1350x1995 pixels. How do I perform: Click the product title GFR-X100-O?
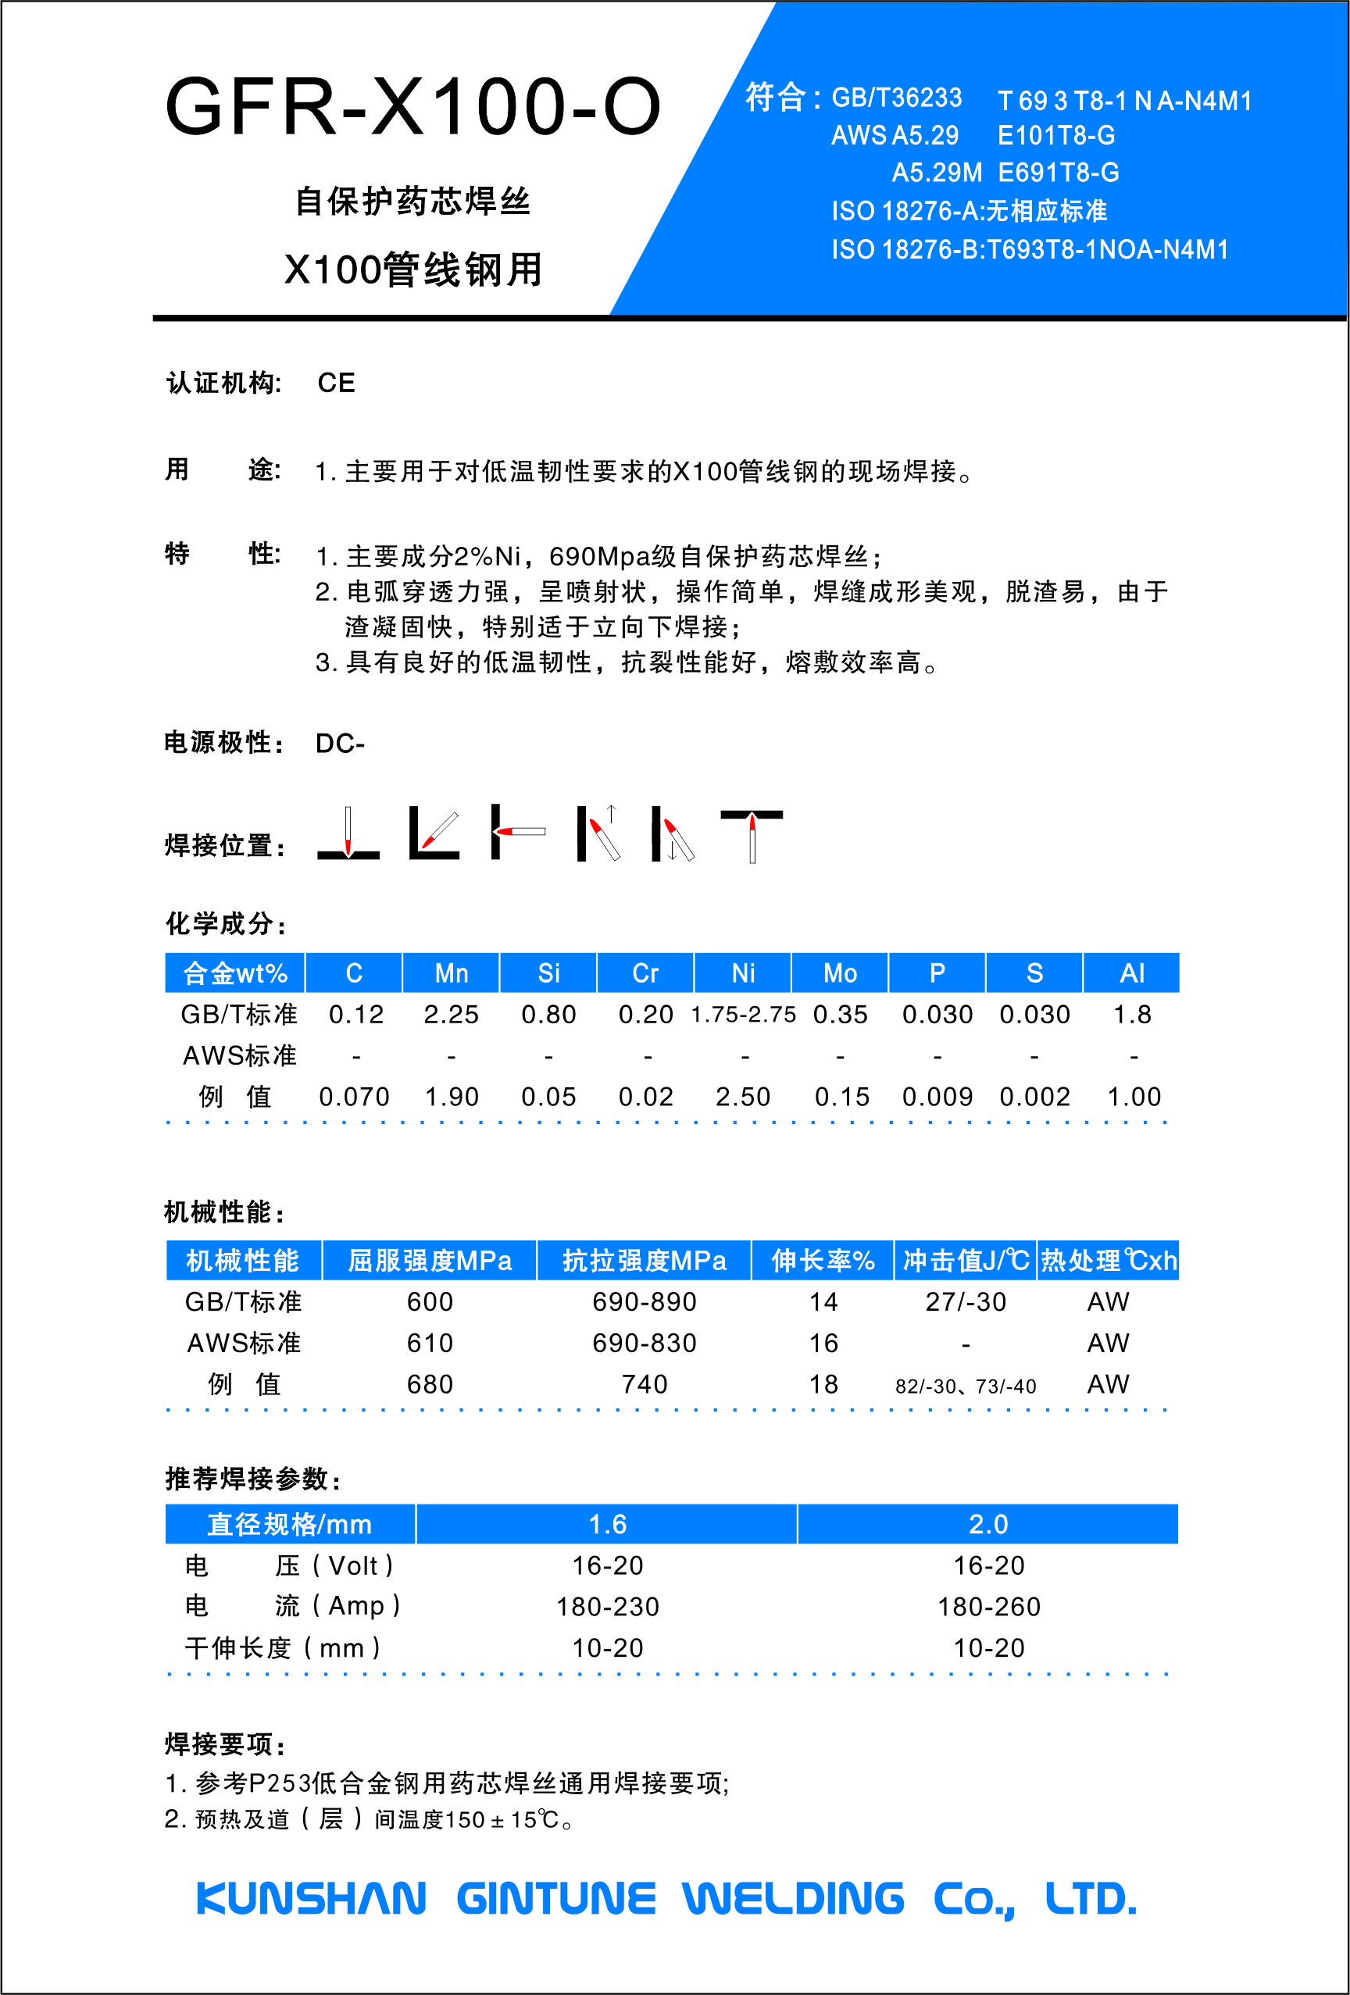[412, 107]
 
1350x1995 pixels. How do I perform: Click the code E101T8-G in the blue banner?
[1055, 136]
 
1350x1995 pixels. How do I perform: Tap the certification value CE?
[336, 383]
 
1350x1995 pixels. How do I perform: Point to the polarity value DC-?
[340, 744]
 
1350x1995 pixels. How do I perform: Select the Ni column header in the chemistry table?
[743, 973]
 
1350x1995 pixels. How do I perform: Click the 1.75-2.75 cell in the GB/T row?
[743, 1015]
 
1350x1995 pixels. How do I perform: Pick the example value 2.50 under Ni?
[743, 1097]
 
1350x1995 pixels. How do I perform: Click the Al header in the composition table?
[1132, 973]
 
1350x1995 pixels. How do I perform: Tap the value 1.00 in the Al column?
[1134, 1097]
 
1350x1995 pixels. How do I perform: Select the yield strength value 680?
[430, 1384]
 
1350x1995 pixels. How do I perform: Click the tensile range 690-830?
[644, 1343]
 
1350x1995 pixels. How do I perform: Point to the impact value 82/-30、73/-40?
[966, 1387]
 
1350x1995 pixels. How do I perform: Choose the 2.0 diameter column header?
[987, 1524]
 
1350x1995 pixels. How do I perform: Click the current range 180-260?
[988, 1606]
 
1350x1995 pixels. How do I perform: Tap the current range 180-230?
[607, 1606]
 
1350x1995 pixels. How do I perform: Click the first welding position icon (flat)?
[348, 833]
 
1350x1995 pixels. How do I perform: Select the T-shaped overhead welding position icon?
[752, 833]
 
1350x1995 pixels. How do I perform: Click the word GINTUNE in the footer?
[555, 1899]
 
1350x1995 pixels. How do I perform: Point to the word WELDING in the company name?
[794, 1899]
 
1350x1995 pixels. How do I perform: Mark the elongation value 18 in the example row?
[823, 1384]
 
